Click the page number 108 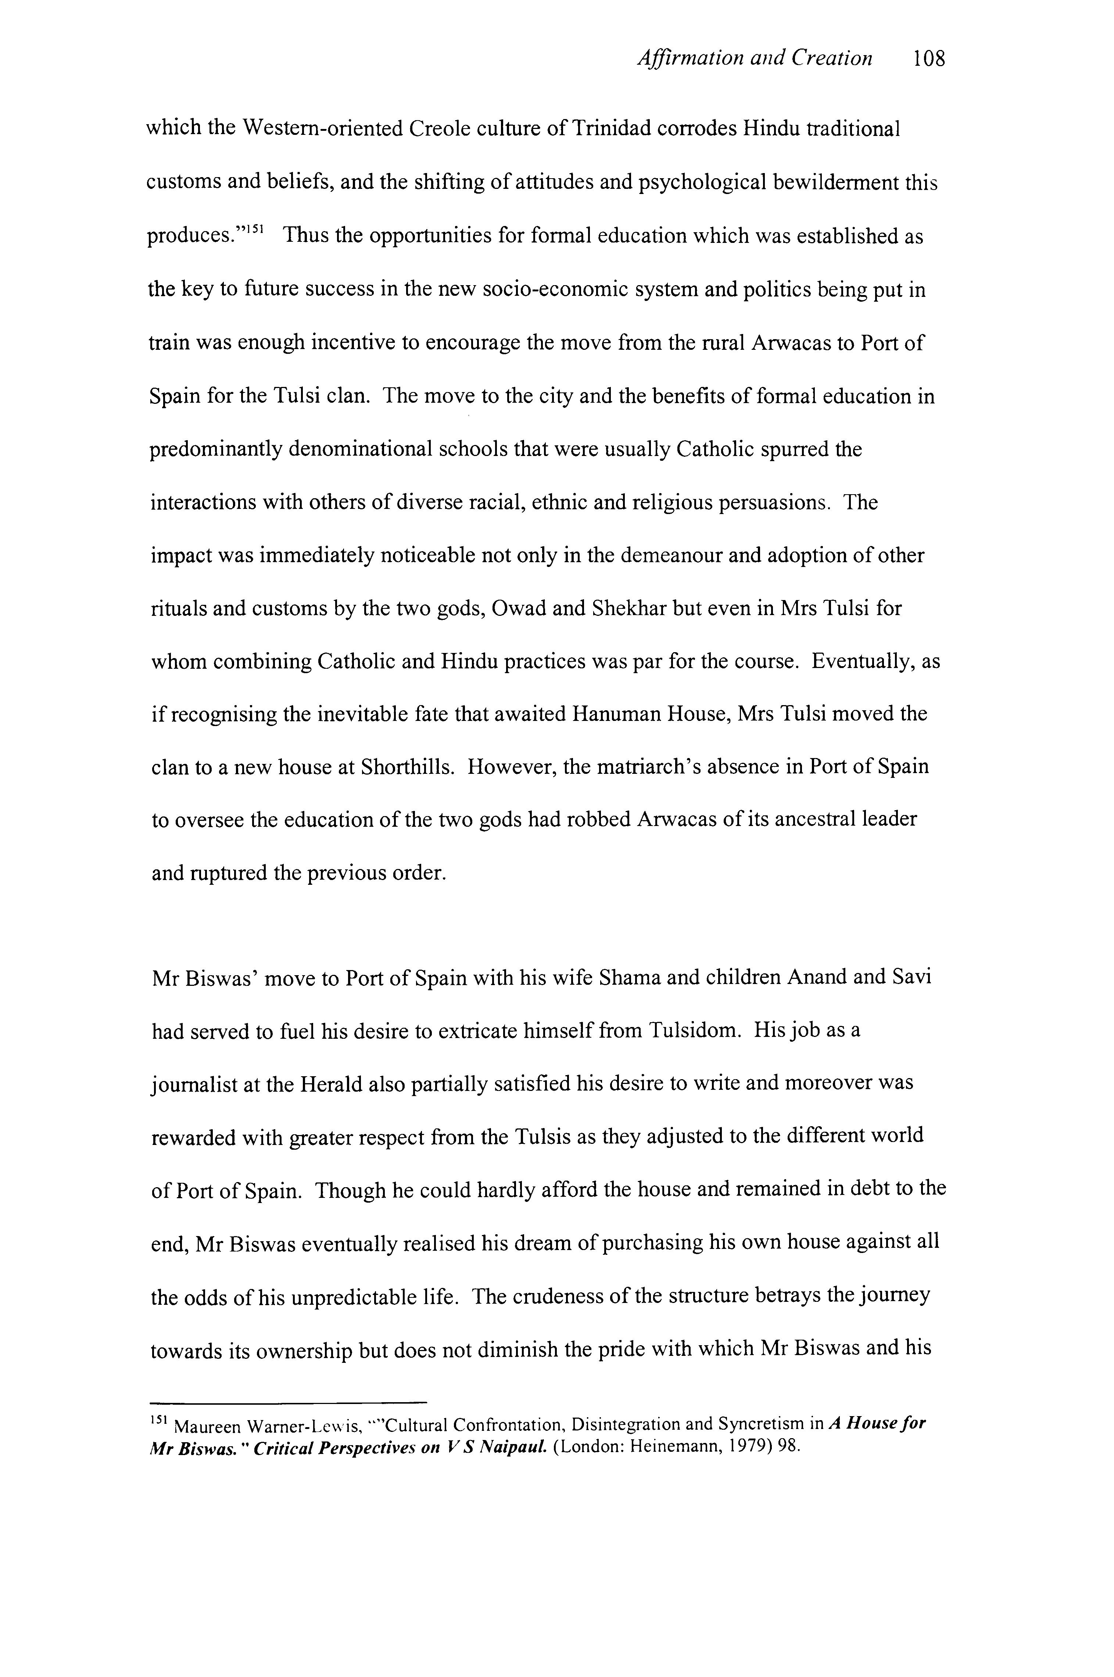click(x=929, y=58)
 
